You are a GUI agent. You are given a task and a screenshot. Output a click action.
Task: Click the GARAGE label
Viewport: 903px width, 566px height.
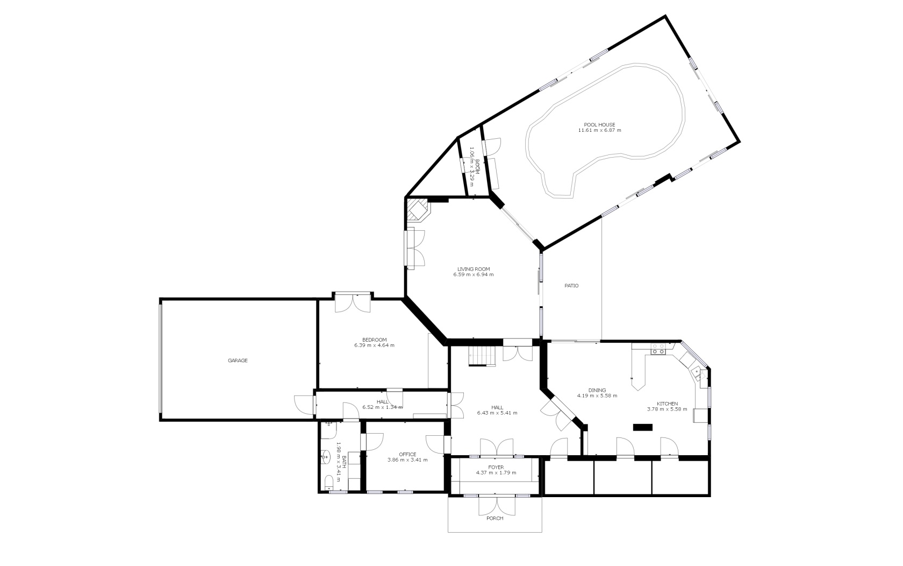tap(238, 360)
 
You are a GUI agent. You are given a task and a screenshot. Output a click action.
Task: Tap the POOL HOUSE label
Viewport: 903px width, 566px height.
tap(599, 125)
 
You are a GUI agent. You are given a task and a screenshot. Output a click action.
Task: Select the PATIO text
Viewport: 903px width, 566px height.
tap(571, 286)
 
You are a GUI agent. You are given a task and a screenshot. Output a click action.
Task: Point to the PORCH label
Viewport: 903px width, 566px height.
tap(494, 519)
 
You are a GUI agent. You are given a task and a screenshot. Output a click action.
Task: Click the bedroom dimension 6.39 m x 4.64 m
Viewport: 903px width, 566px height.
tap(374, 345)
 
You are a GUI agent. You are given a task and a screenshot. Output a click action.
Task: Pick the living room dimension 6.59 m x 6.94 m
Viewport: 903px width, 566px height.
tap(473, 275)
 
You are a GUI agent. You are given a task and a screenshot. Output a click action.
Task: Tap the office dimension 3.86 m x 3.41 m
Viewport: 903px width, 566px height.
tap(407, 460)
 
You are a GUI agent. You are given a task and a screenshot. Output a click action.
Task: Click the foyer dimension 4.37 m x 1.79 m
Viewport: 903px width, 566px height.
tap(496, 473)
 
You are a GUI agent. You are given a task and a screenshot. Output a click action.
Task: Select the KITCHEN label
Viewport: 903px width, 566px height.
tap(667, 404)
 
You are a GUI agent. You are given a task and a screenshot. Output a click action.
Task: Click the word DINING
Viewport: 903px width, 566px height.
tap(597, 391)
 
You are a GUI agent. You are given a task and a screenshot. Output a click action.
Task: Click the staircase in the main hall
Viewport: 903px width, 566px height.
tap(482, 357)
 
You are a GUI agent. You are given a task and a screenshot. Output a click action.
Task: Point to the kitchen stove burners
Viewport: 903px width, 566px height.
tap(658, 349)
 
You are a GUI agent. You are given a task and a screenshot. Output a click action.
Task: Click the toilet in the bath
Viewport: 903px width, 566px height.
tap(329, 483)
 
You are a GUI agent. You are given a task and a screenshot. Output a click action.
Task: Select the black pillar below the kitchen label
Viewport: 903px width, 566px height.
tap(643, 428)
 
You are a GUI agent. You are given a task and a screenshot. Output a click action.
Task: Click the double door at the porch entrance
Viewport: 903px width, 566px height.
tap(497, 506)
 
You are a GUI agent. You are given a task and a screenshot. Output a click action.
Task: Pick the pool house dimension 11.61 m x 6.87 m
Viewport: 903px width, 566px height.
tap(599, 130)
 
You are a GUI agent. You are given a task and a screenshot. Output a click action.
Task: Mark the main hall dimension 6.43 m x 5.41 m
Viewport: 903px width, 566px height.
tap(497, 413)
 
